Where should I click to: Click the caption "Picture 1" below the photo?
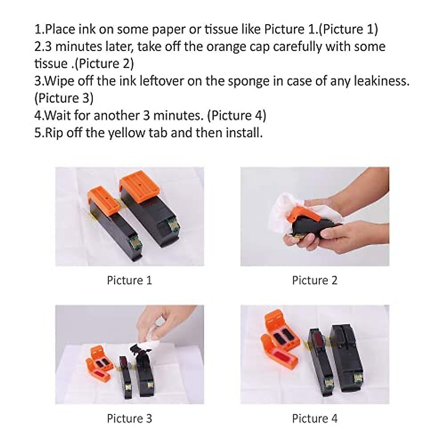129,280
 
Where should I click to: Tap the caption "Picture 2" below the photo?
314,280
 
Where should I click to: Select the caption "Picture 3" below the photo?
129,419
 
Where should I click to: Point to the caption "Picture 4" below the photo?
314,419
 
